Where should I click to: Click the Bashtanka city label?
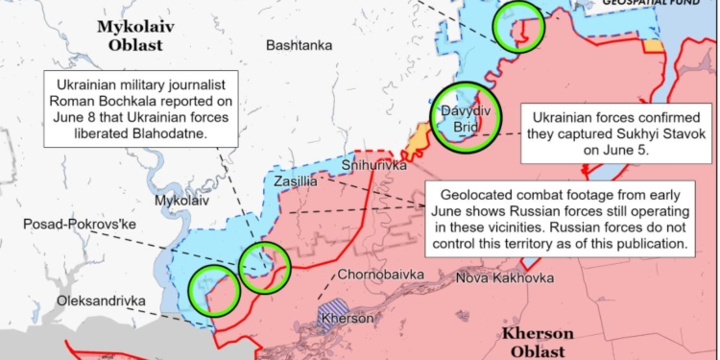click(x=299, y=45)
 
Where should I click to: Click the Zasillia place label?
click(x=295, y=180)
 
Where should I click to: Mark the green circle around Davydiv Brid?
click(x=465, y=118)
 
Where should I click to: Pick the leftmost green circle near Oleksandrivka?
click(x=214, y=291)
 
